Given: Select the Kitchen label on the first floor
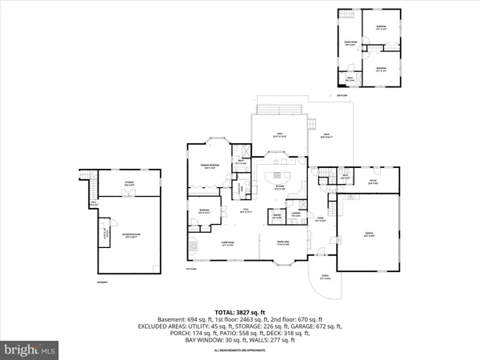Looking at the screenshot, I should click(x=281, y=189).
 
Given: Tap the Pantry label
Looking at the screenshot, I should click(x=255, y=216).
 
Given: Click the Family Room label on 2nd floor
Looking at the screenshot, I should click(x=349, y=44).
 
